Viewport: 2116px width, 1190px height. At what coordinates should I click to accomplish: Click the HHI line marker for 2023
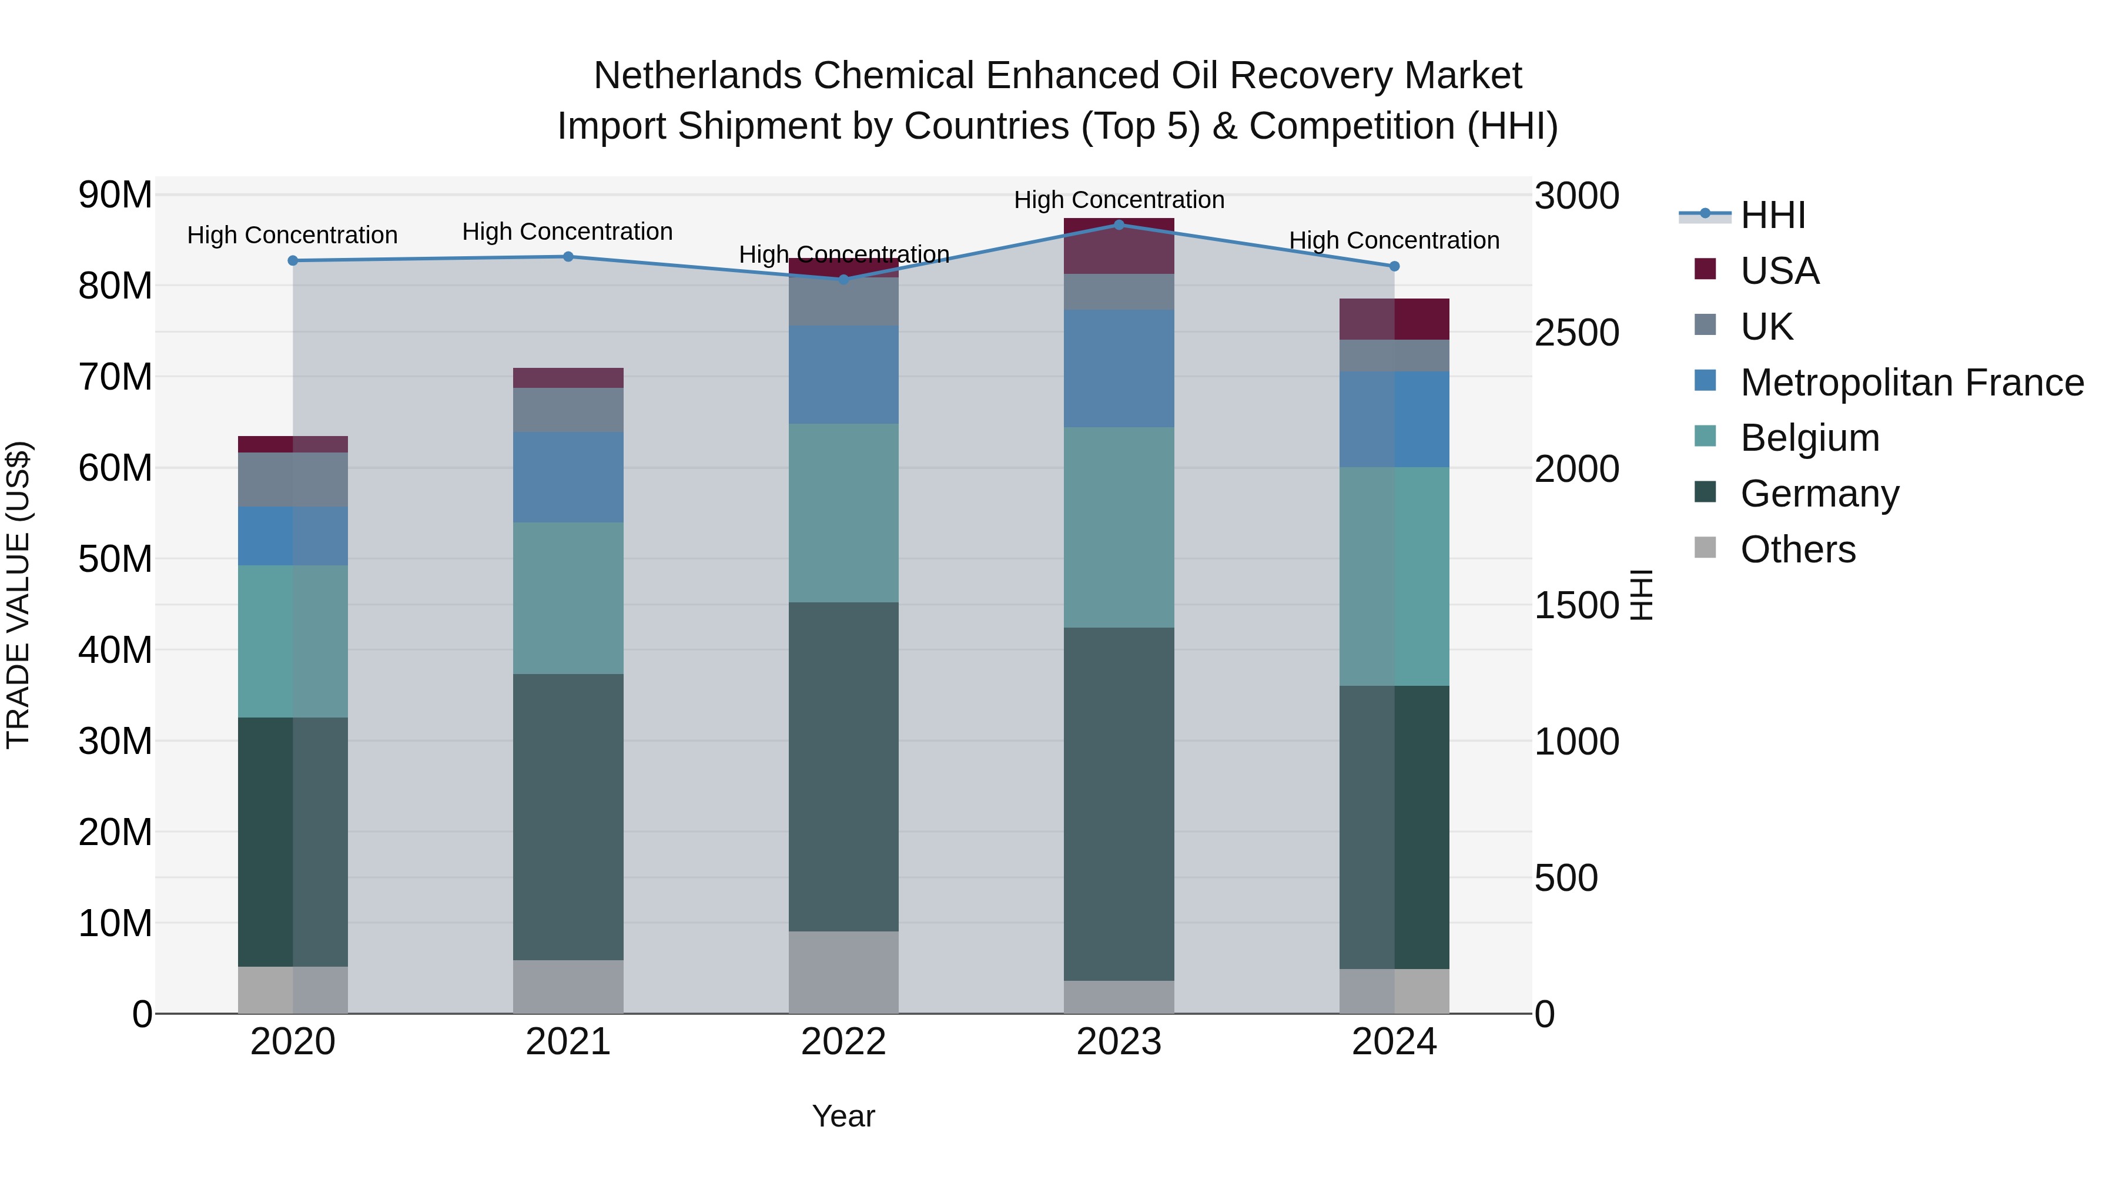tap(1118, 224)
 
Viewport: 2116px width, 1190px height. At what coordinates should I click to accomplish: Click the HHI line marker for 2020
tap(293, 260)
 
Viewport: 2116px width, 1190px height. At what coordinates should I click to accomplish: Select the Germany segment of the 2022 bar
tap(843, 766)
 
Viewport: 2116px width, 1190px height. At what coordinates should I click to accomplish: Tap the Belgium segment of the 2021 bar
tap(568, 598)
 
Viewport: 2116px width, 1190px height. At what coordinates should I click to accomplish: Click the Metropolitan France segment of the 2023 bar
tap(1118, 368)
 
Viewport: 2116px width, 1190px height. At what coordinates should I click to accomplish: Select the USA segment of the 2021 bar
tap(568, 378)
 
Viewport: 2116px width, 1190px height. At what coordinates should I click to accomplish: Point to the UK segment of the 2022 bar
tap(843, 301)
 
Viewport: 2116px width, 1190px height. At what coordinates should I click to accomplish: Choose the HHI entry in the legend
tap(1773, 215)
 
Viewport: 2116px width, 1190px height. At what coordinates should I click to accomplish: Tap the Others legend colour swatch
tap(1705, 548)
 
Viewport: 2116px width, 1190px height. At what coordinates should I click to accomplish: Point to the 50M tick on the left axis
tap(115, 559)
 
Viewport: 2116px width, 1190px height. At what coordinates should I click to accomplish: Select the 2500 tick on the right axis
tap(1576, 333)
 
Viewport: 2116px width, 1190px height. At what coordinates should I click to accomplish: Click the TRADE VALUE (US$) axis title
tap(18, 595)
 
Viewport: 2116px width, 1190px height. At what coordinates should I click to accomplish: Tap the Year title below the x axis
tap(843, 1116)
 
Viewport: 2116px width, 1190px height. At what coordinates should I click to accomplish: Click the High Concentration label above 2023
tap(1118, 200)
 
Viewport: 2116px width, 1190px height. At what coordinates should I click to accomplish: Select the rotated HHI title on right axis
tap(1640, 595)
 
